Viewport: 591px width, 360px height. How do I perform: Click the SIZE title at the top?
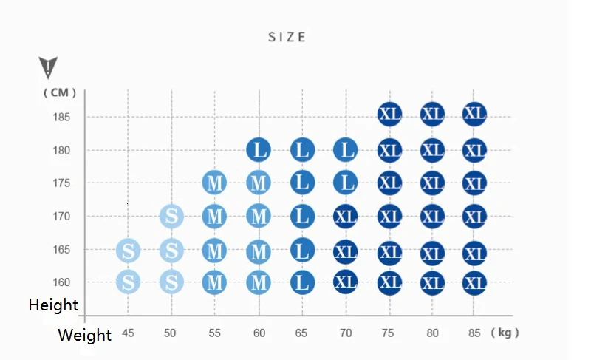pyautogui.click(x=287, y=37)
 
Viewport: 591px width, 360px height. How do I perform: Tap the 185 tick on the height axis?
pyautogui.click(x=61, y=117)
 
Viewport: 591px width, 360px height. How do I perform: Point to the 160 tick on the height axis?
pyautogui.click(x=61, y=282)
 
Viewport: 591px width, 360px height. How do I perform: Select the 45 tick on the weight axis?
pyautogui.click(x=129, y=333)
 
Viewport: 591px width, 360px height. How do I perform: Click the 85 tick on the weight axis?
pyautogui.click(x=474, y=333)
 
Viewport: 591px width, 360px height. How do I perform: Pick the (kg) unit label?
pyautogui.click(x=505, y=333)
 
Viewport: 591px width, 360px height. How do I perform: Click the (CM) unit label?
pyautogui.click(x=60, y=92)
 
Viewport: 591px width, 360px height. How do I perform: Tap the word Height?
pyautogui.click(x=53, y=305)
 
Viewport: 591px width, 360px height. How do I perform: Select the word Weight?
pyautogui.click(x=84, y=336)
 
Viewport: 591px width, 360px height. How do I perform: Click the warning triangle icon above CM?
pyautogui.click(x=48, y=68)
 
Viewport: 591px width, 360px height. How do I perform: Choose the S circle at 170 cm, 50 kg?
pyautogui.click(x=171, y=217)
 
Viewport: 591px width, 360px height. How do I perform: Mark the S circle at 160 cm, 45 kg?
pyautogui.click(x=129, y=282)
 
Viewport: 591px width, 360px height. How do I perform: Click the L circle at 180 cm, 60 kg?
pyautogui.click(x=259, y=150)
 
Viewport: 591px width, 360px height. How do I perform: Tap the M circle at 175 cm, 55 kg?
pyautogui.click(x=215, y=183)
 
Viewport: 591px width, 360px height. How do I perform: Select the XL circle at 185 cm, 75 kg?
pyautogui.click(x=389, y=114)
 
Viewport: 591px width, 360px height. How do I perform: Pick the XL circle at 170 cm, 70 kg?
pyautogui.click(x=345, y=217)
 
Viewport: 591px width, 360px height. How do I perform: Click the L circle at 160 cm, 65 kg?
pyautogui.click(x=301, y=282)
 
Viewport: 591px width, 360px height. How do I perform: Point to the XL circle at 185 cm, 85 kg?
pyautogui.click(x=474, y=114)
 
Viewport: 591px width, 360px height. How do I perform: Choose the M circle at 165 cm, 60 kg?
pyautogui.click(x=259, y=251)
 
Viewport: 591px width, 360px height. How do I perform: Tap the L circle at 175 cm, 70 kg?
pyautogui.click(x=345, y=183)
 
